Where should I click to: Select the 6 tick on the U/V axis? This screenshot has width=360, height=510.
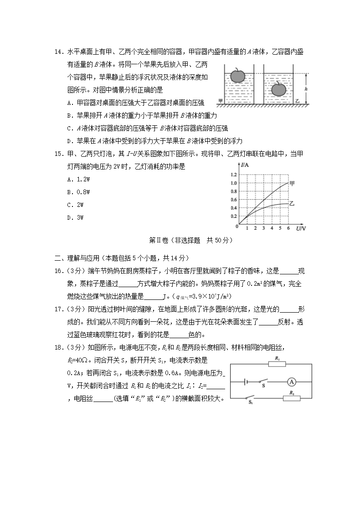(288, 228)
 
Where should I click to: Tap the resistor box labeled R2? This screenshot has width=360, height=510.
(292, 398)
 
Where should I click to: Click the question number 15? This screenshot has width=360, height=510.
(58, 154)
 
